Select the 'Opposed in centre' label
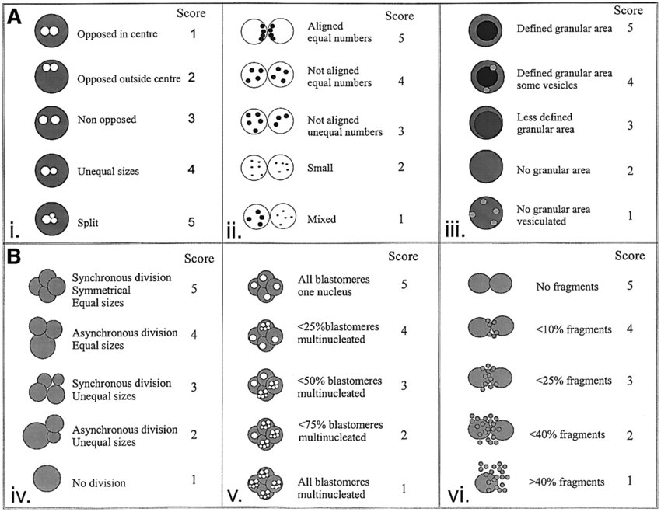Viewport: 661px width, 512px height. coord(114,34)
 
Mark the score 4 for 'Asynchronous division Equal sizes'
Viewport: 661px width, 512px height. coord(194,336)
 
